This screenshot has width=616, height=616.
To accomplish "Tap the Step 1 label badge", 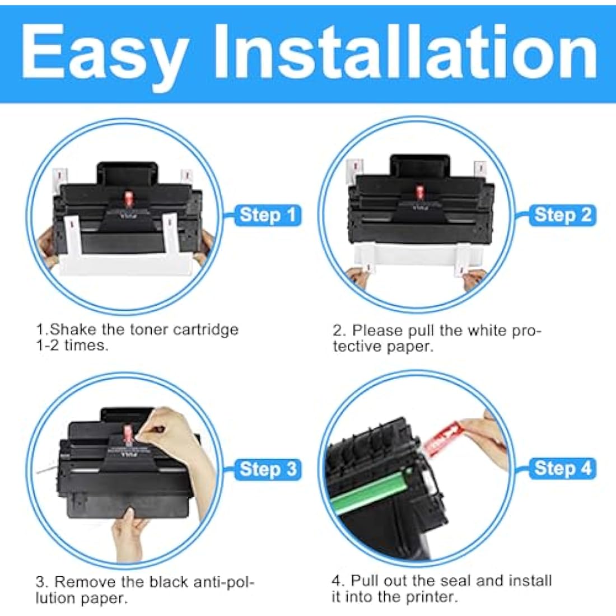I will pyautogui.click(x=268, y=215).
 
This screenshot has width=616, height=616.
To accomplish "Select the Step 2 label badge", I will pyautogui.click(x=562, y=215).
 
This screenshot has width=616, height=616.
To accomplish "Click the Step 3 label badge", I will pyautogui.click(x=268, y=469).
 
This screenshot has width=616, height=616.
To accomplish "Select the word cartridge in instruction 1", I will pyautogui.click(x=206, y=329).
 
